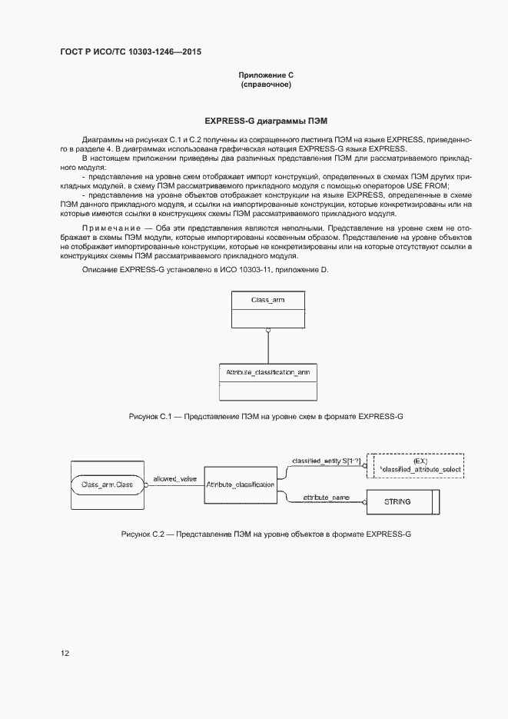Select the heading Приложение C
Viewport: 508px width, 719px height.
click(x=266, y=75)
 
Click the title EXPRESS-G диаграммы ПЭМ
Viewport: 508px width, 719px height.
click(x=266, y=121)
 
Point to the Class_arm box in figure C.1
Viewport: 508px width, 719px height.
click(x=267, y=310)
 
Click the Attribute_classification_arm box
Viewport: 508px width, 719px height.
click(x=267, y=381)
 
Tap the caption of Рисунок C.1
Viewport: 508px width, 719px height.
click(x=266, y=416)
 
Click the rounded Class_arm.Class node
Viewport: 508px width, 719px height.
click(x=108, y=485)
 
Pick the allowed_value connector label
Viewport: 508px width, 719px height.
click(x=175, y=478)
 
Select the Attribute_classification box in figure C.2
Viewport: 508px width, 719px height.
click(x=241, y=485)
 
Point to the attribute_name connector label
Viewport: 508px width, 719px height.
click(x=326, y=497)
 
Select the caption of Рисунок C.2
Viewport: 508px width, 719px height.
click(x=266, y=534)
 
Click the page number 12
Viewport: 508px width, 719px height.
click(x=65, y=653)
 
